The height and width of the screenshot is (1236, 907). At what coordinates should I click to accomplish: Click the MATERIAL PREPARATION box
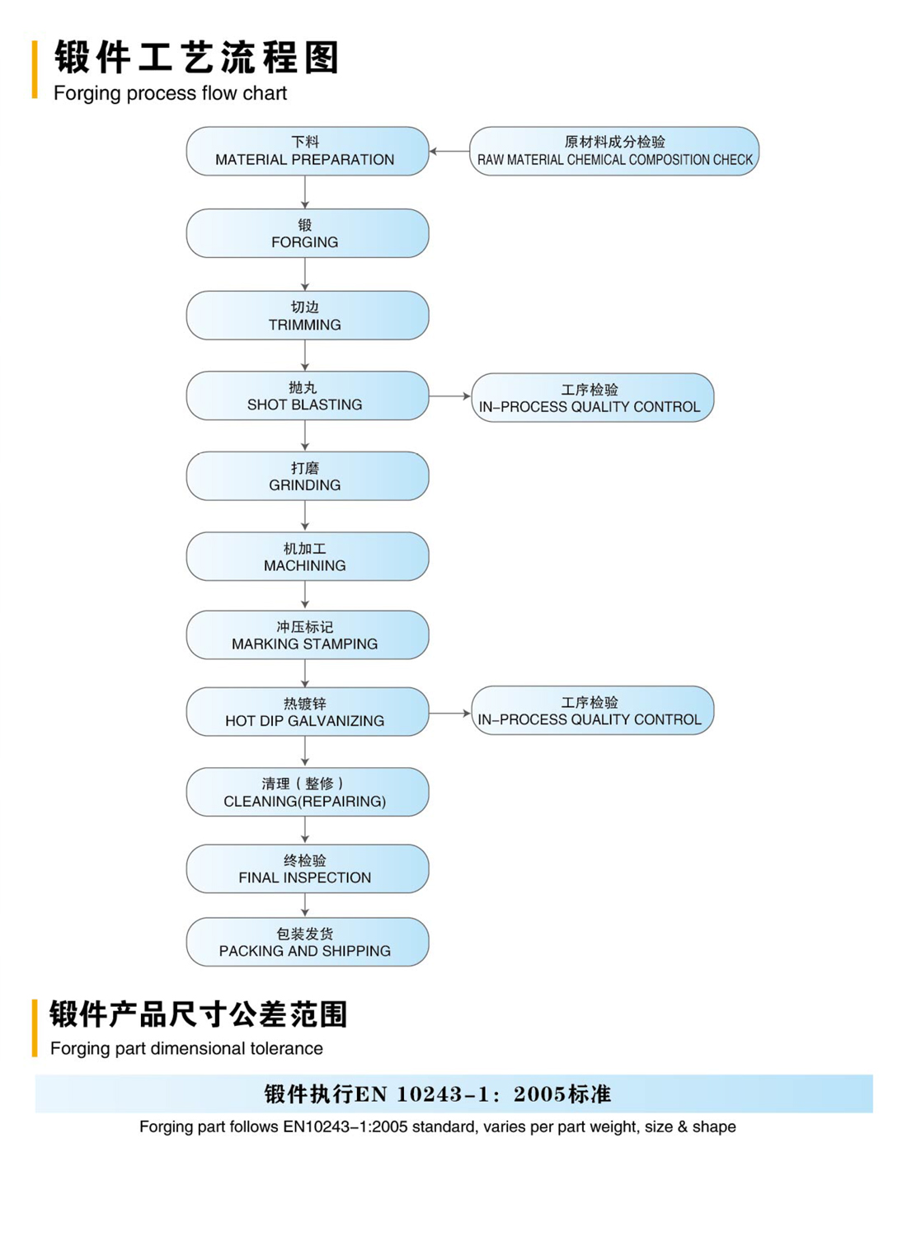click(x=307, y=151)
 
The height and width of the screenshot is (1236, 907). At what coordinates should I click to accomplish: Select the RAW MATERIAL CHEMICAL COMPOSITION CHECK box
click(x=614, y=151)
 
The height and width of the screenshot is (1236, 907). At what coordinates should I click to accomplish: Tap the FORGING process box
click(x=307, y=233)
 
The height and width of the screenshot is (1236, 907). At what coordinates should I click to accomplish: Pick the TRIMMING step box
click(x=307, y=316)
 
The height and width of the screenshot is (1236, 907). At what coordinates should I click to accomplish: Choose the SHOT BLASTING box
click(x=307, y=396)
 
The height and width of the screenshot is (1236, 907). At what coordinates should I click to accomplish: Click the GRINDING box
click(x=307, y=476)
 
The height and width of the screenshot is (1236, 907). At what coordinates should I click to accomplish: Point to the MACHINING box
click(x=307, y=557)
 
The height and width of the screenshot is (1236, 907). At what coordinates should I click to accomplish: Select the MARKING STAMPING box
click(x=307, y=635)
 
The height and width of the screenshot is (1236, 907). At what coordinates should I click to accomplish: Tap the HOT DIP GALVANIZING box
click(x=307, y=712)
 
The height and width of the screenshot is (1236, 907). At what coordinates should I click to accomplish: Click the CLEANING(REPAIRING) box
click(x=307, y=793)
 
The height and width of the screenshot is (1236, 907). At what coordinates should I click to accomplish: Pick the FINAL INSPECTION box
click(x=307, y=869)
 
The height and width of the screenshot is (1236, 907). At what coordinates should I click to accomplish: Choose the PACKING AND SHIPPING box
click(x=307, y=942)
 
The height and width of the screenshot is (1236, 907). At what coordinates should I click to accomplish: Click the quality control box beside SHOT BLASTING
click(x=592, y=398)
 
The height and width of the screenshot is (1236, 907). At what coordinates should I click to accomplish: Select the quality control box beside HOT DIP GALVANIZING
click(x=592, y=710)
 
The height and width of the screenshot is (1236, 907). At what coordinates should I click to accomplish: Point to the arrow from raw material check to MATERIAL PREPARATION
click(x=449, y=151)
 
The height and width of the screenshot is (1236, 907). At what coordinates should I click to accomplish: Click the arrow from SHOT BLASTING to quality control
click(x=450, y=396)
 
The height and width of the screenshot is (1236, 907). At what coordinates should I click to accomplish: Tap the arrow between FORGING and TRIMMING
click(x=305, y=274)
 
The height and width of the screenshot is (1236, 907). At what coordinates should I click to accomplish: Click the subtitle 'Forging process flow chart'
click(x=170, y=93)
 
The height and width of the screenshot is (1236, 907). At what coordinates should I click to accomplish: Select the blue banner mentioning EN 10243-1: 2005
click(x=453, y=1093)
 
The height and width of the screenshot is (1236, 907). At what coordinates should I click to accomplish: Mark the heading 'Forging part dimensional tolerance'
click(x=186, y=1048)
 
